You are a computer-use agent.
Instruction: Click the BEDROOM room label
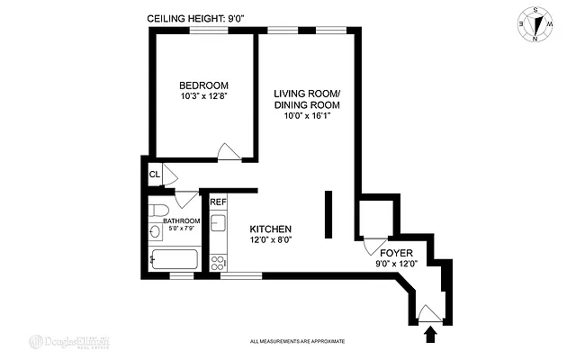(x=202, y=86)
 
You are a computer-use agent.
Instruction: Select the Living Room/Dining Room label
(x=308, y=99)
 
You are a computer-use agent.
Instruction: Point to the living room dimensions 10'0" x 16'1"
(x=308, y=115)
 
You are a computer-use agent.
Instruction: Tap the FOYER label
(x=396, y=253)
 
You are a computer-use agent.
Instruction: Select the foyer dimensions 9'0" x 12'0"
(x=396, y=265)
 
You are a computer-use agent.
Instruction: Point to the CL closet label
(x=154, y=175)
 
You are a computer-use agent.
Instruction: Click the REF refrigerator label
(x=218, y=202)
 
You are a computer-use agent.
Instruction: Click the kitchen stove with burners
(x=217, y=262)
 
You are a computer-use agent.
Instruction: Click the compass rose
(x=537, y=24)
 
